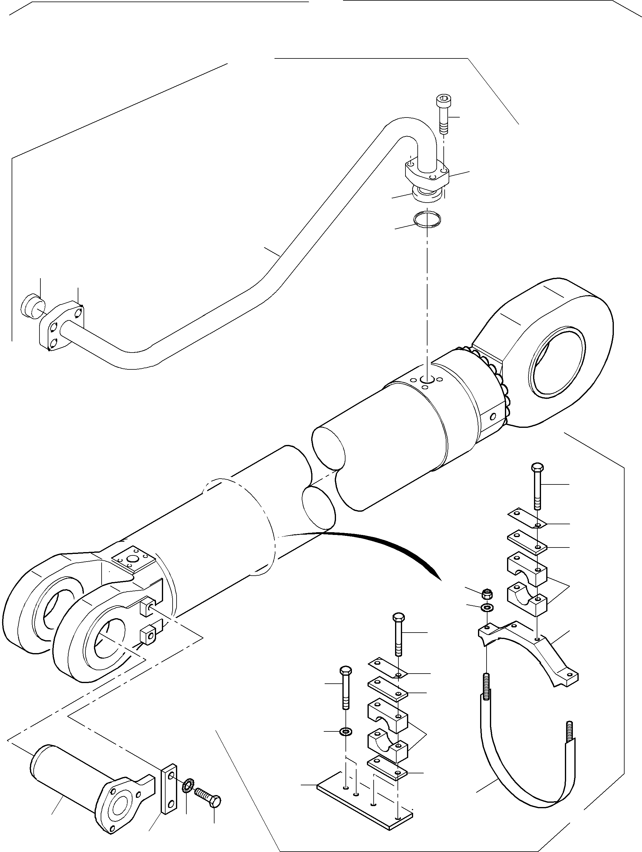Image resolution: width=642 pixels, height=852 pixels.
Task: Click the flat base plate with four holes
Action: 364,805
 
